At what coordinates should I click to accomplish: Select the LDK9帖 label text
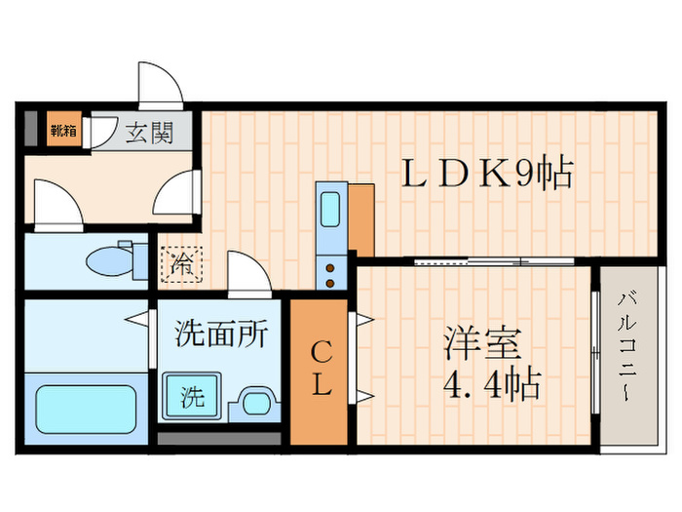pyautogui.click(x=486, y=176)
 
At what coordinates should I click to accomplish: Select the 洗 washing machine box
pyautogui.click(x=193, y=397)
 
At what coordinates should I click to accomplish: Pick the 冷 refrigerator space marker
pyautogui.click(x=182, y=262)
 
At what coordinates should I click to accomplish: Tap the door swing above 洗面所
pyautogui.click(x=248, y=272)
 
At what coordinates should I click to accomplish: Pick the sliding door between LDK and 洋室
pyautogui.click(x=472, y=260)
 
